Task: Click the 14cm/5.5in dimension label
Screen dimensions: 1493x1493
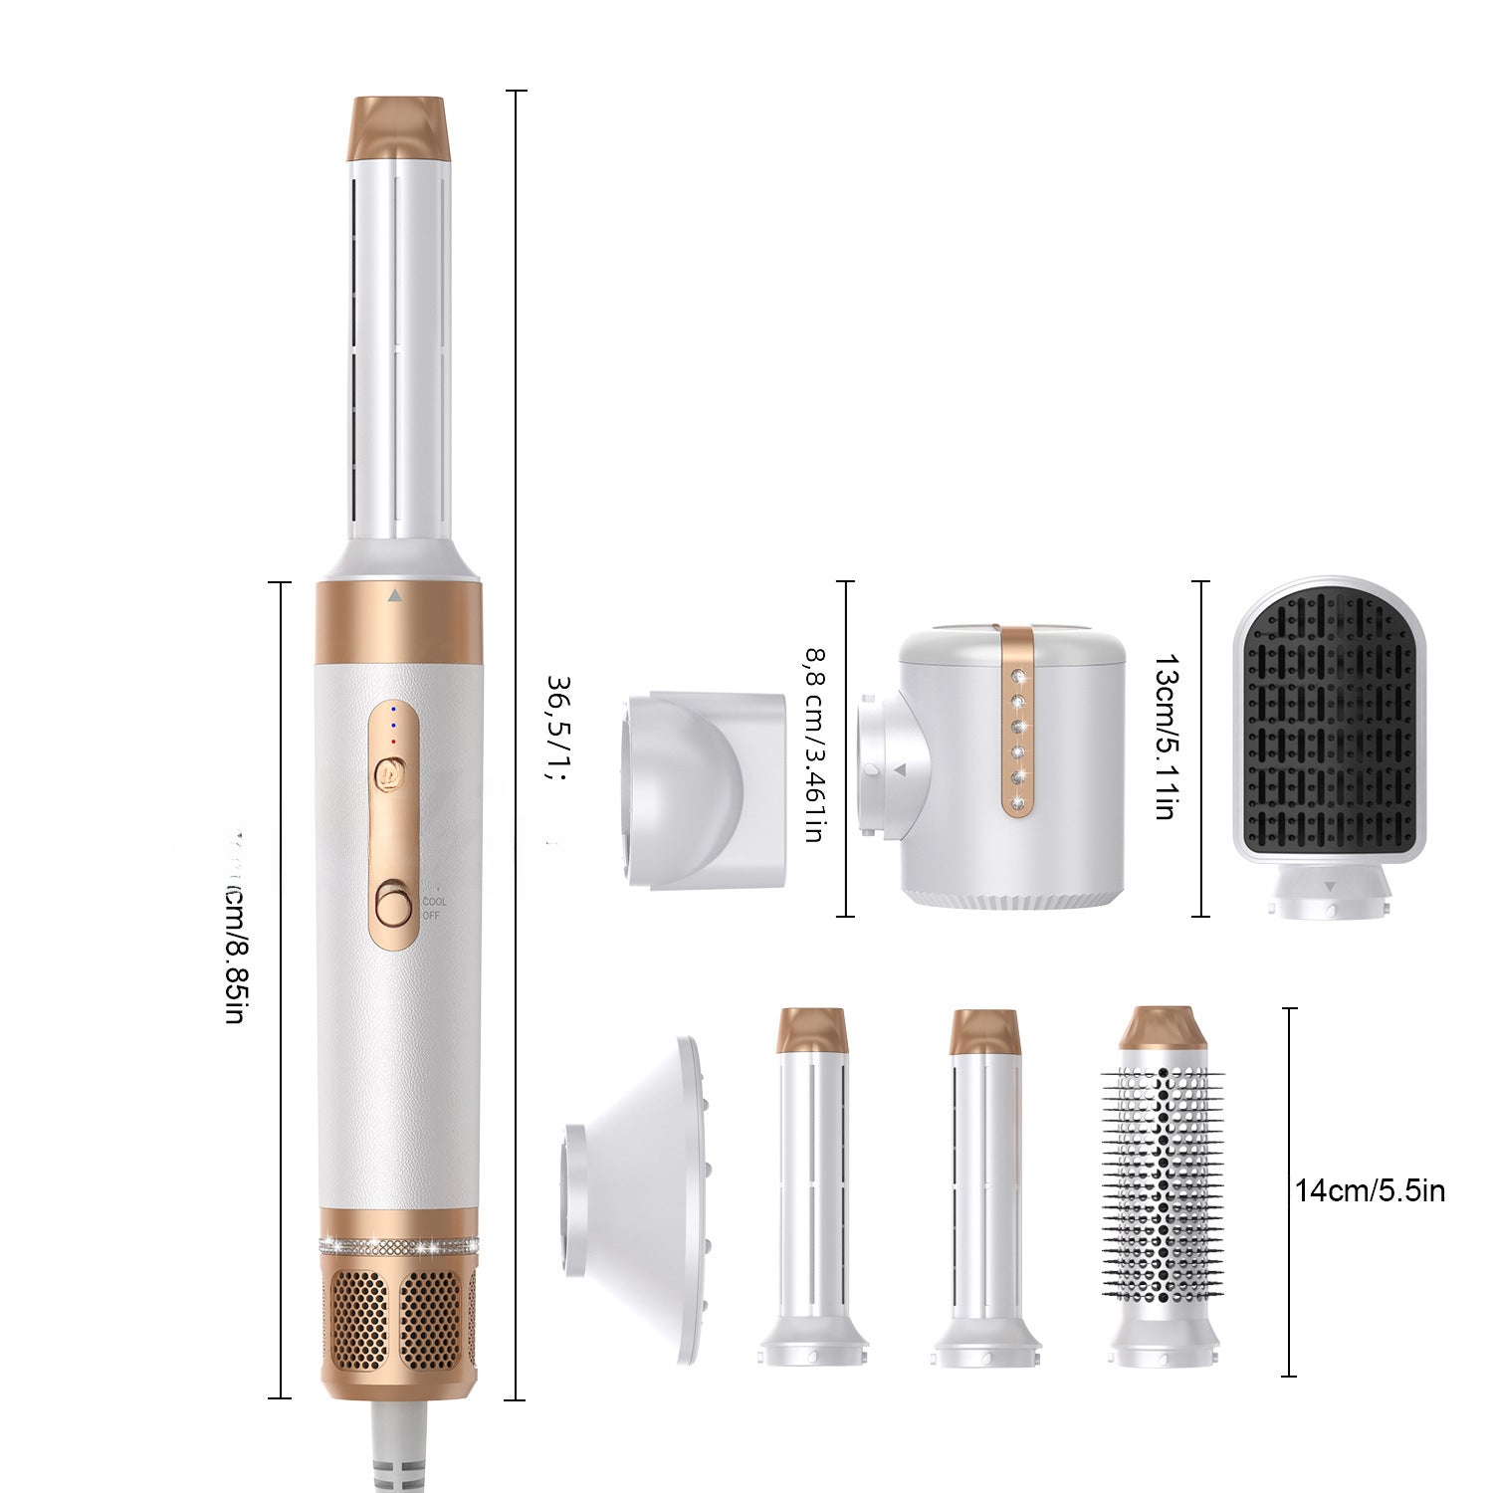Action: point(1370,1190)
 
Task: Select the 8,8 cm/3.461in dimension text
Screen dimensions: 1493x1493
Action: point(813,746)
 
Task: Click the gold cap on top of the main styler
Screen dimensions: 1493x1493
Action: point(398,126)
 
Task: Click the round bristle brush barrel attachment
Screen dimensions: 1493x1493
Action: point(1162,1184)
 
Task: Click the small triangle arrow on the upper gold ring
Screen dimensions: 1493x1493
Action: point(395,597)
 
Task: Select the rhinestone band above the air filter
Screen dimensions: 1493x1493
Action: point(398,1245)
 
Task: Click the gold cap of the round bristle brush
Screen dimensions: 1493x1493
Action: point(1162,1028)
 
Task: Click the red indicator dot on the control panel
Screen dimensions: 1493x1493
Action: point(394,741)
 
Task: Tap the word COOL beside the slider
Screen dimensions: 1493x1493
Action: point(433,901)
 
